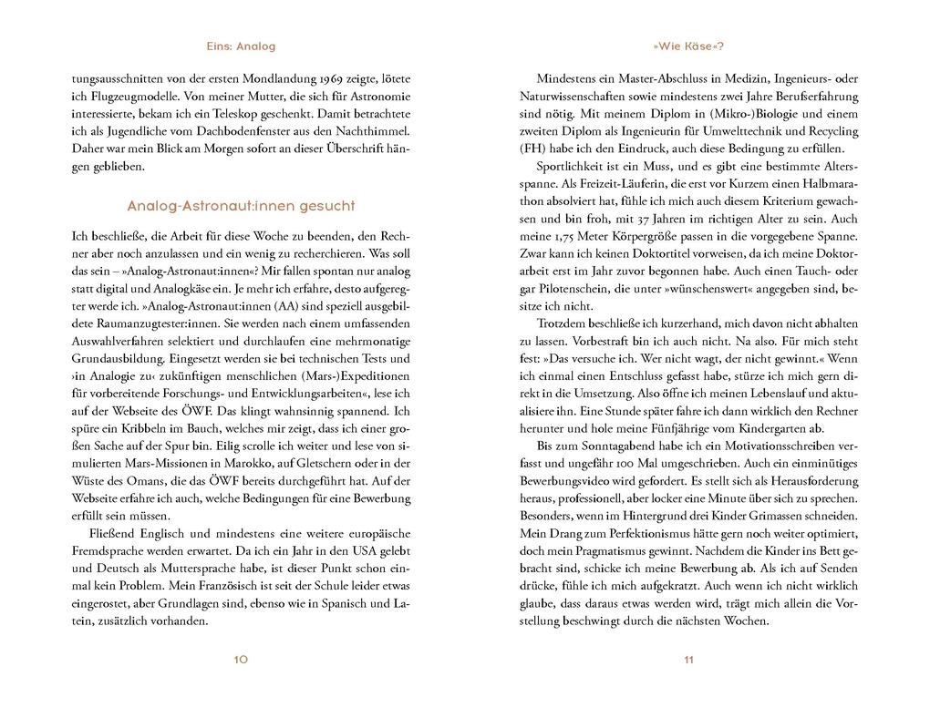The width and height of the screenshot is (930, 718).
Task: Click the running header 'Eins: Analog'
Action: point(241,46)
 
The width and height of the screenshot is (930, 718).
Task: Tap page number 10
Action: point(241,659)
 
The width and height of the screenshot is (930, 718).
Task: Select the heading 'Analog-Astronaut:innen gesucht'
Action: point(241,206)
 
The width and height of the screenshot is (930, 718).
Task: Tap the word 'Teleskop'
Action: point(298,115)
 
